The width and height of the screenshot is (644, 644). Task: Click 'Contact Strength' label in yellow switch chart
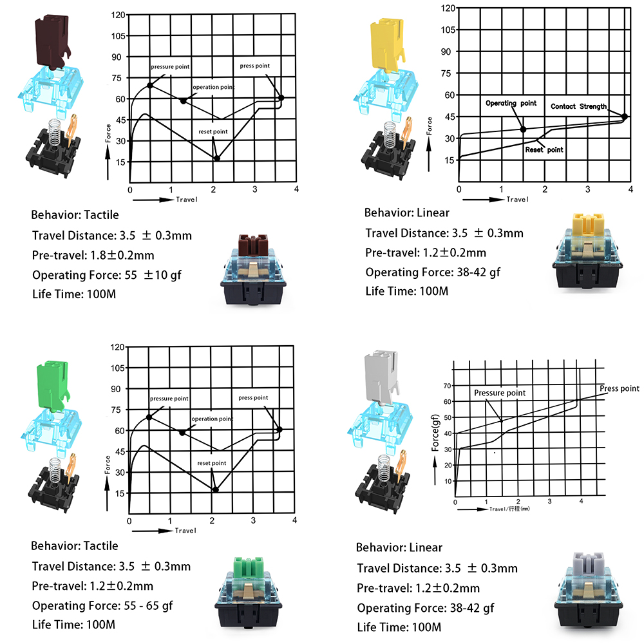tap(578, 106)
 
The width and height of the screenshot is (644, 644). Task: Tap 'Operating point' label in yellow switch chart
tap(511, 103)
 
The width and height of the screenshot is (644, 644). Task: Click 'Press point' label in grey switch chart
tap(619, 388)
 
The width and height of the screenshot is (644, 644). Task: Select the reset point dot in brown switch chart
tap(217, 158)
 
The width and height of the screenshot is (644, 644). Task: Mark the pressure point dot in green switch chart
tap(149, 417)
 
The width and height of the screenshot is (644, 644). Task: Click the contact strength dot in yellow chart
tap(625, 117)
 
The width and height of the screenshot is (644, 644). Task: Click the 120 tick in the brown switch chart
tap(117, 14)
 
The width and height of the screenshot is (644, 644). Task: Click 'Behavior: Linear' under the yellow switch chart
tap(406, 213)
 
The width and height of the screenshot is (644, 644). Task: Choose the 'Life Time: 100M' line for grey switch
tap(398, 627)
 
